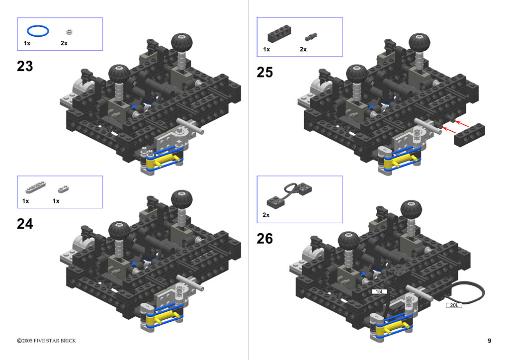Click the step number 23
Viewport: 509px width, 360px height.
25,66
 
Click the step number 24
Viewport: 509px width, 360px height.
25,224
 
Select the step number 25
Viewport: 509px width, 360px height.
264,73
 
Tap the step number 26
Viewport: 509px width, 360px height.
264,239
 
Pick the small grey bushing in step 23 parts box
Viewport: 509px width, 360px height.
69,31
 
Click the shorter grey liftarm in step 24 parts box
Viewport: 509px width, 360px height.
63,188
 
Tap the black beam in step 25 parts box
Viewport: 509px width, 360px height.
279,34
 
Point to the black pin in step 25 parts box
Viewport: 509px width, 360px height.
311,37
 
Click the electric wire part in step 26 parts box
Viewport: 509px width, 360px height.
289,194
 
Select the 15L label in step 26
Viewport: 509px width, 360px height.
379,291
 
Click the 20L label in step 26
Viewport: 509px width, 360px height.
454,305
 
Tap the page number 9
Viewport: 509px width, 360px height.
489,341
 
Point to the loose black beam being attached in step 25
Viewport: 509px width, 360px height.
469,135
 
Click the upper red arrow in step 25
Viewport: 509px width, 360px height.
462,124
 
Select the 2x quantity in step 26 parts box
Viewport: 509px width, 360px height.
266,215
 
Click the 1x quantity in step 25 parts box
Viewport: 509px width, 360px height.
266,49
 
